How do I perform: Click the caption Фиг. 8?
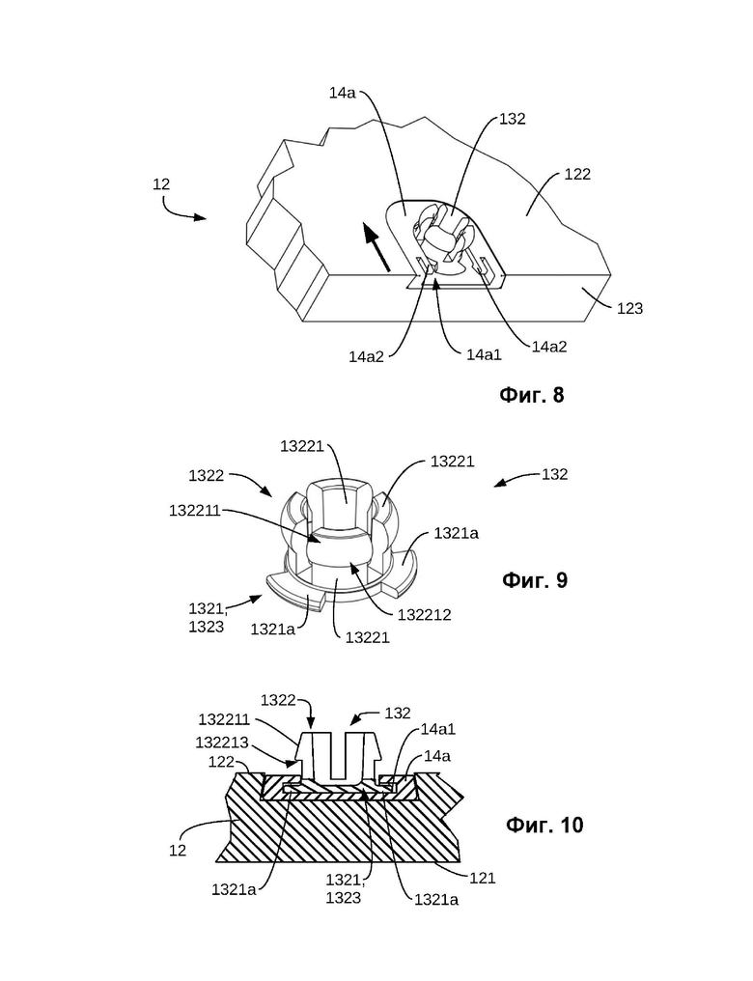532,396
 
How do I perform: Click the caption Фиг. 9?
535,580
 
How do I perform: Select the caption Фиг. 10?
544,825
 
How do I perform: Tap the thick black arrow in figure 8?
376,248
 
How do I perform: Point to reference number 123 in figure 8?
629,308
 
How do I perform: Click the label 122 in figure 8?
577,174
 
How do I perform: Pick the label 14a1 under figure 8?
484,354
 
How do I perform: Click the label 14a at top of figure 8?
343,93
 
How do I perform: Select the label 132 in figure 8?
513,119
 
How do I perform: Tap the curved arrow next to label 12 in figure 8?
182,210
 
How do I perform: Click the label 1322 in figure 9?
207,476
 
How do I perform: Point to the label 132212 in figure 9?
424,615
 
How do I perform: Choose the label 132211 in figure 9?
195,511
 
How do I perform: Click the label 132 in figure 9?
555,474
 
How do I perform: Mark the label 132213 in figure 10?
222,743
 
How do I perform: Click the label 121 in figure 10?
482,879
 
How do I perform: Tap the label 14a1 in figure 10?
437,729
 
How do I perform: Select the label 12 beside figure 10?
178,851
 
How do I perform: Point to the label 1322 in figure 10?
278,700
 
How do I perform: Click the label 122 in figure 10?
222,762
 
